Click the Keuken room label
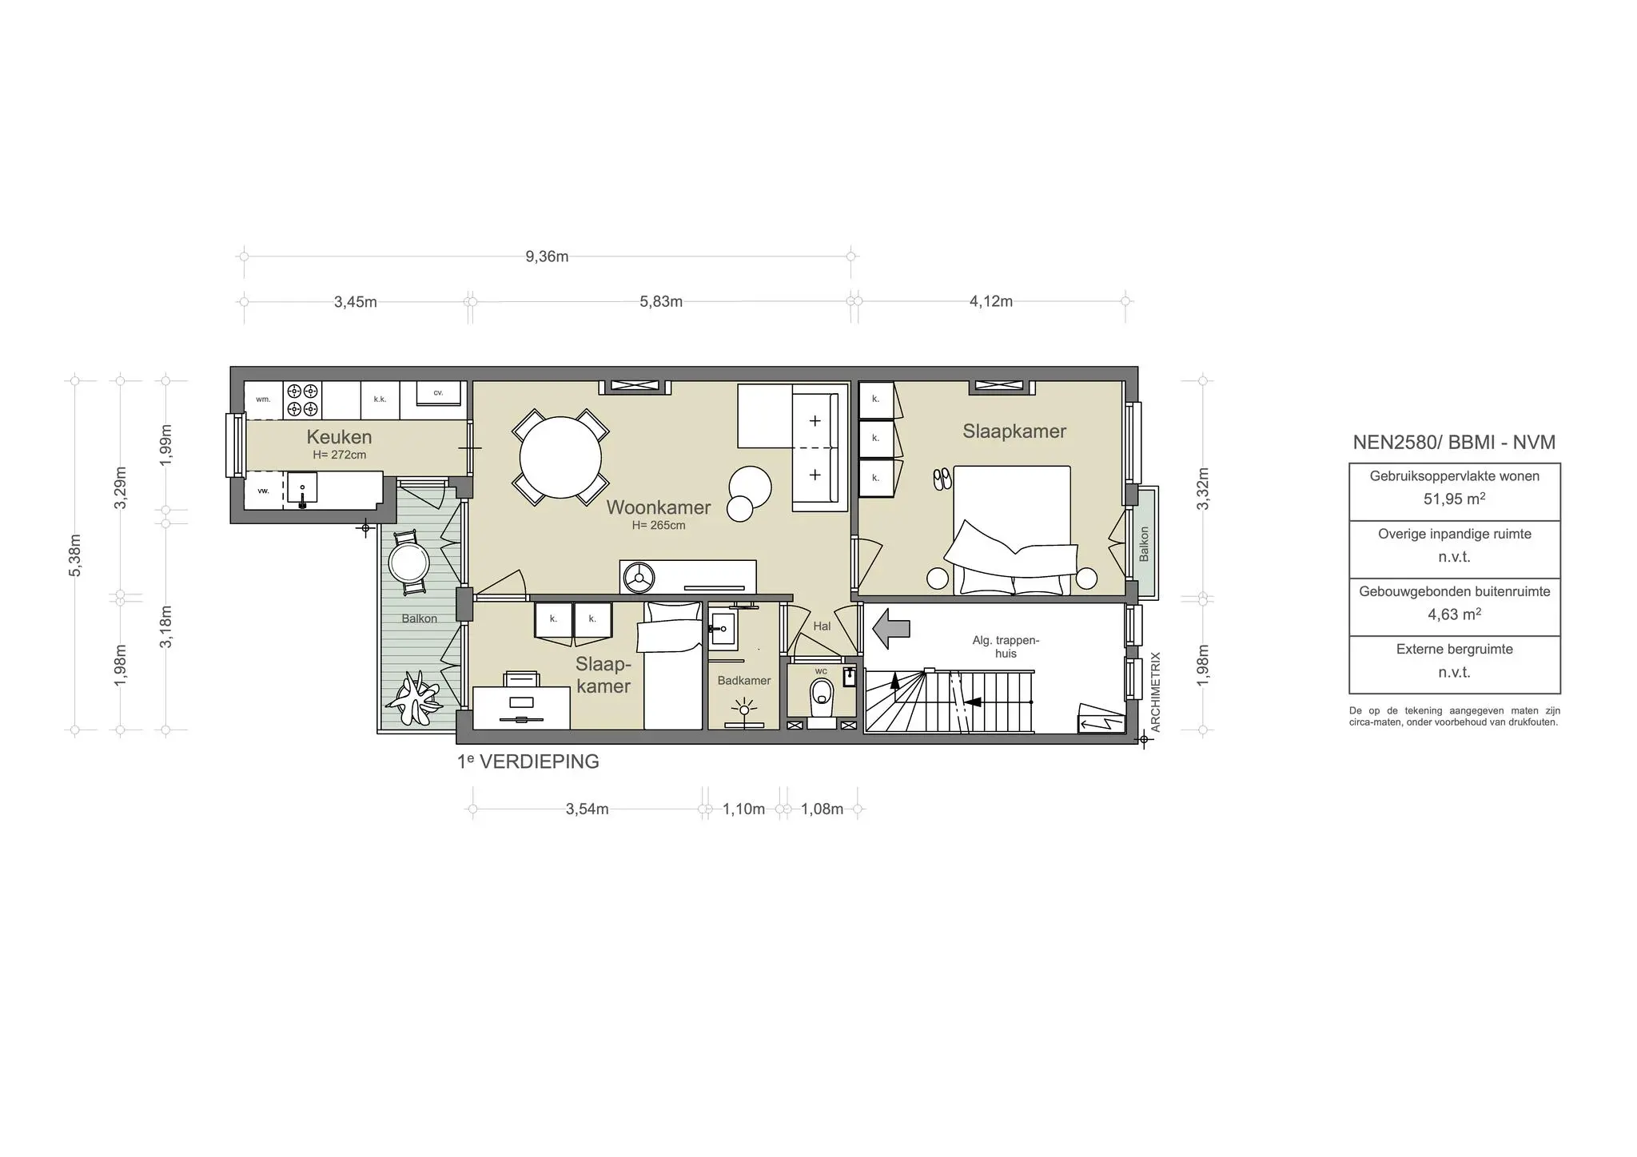click(339, 437)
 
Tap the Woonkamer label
click(658, 507)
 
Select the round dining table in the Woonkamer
click(560, 458)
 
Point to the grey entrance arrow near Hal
click(890, 628)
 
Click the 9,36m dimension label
click(547, 256)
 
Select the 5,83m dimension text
click(661, 302)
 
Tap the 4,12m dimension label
click(990, 302)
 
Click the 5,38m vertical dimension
click(75, 555)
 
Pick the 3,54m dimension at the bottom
click(587, 809)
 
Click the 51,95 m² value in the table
click(1454, 499)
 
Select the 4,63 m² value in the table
click(1454, 614)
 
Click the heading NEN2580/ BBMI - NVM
click(1454, 443)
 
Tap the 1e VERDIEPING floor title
click(528, 761)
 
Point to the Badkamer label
click(743, 681)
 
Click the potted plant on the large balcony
click(414, 698)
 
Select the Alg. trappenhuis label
click(1006, 646)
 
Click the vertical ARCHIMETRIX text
click(1155, 692)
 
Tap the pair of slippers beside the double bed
click(942, 479)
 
